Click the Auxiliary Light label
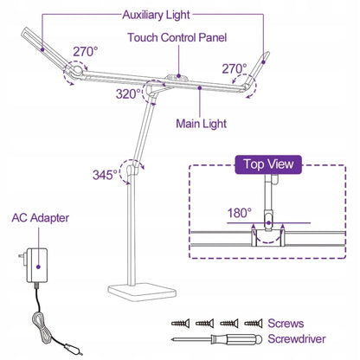coord(156,15)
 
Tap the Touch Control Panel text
coord(177,37)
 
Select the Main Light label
coord(201,124)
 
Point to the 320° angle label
coord(128,94)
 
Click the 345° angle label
coord(105,175)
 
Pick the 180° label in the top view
coord(240,213)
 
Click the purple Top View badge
coord(268,164)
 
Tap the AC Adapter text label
coord(41,218)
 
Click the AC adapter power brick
coord(37,266)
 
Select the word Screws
coord(286,324)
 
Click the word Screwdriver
coord(297,338)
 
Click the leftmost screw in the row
coord(181,323)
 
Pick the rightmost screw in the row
coord(254,323)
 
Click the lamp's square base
coord(142,292)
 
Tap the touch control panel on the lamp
coord(177,77)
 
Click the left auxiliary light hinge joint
coord(77,70)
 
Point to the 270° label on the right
coord(235,69)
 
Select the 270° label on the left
coord(86,52)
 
